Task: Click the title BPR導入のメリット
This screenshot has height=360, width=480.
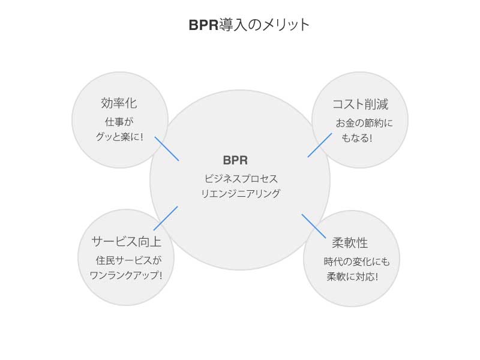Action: [x=249, y=25]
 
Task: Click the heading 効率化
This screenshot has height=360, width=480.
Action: [x=119, y=103]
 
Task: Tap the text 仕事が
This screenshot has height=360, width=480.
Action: [x=119, y=122]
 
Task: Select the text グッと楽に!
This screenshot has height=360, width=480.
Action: [x=119, y=137]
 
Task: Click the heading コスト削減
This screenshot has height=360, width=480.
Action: [x=360, y=104]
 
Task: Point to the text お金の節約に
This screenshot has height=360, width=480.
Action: [x=364, y=124]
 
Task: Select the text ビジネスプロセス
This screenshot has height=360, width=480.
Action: [x=241, y=178]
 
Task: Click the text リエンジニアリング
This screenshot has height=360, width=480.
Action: [x=241, y=194]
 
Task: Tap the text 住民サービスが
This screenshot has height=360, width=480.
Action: [x=128, y=261]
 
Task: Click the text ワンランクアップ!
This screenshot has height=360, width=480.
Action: [x=125, y=276]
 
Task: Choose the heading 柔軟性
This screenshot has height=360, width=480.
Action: [x=350, y=243]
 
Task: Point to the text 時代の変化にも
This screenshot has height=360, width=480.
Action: [x=356, y=262]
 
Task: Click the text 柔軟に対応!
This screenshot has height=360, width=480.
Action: [x=352, y=277]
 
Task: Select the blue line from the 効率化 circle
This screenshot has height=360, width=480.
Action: [x=167, y=149]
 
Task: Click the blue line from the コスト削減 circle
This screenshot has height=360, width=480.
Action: [x=319, y=145]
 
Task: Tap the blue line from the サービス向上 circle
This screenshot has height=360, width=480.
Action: [x=166, y=218]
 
